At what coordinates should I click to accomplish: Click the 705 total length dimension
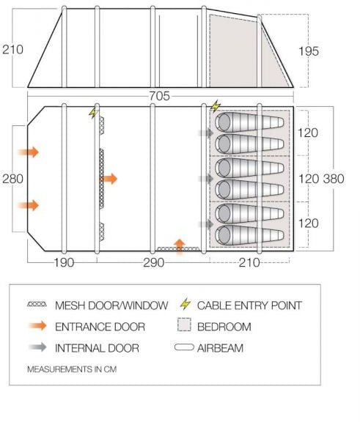coord(160,96)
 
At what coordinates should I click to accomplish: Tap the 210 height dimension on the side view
coord(12,50)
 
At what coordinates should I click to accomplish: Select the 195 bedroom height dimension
coord(309,51)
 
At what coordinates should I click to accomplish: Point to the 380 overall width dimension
coord(334,179)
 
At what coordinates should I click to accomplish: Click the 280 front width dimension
coord(12,179)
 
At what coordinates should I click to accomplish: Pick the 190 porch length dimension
coord(64,262)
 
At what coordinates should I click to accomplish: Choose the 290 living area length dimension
coord(153,262)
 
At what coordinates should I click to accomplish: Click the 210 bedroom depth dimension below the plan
coord(249,262)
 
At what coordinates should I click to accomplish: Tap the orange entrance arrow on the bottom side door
coord(180,247)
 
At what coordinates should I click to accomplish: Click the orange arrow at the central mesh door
coord(109,179)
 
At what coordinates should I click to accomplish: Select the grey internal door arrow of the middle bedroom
coord(206,179)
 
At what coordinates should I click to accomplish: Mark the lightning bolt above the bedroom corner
coord(215,106)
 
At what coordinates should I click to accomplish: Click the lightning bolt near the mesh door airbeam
coord(93,113)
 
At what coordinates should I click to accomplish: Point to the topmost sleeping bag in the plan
coord(249,122)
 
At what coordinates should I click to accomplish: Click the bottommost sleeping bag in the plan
coord(249,235)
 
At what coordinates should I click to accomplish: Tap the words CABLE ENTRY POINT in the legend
coord(249,306)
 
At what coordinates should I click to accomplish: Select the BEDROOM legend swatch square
coord(184,325)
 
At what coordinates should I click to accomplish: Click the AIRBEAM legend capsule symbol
coord(184,347)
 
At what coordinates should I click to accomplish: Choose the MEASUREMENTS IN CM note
coord(72,369)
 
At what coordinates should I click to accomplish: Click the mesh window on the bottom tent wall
coord(178,249)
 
